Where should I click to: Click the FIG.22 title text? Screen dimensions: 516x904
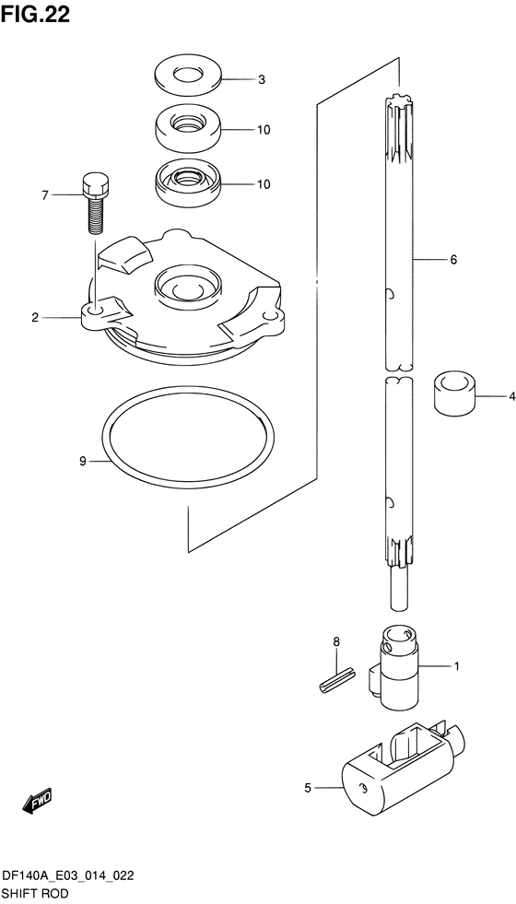pos(36,15)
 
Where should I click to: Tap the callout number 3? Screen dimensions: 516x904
pos(261,80)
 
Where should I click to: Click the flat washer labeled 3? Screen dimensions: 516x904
pos(189,76)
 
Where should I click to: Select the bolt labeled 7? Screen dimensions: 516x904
pos(96,203)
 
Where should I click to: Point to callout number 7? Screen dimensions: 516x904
pos(45,195)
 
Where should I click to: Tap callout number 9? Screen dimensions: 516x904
pos(83,462)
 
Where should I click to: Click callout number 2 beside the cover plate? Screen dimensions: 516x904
pos(35,317)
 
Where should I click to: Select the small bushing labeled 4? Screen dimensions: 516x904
pos(454,393)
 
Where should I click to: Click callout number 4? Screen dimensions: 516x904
pos(511,396)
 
